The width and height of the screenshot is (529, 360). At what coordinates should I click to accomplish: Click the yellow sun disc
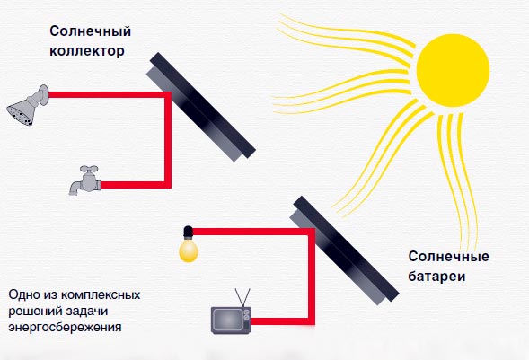click(453, 70)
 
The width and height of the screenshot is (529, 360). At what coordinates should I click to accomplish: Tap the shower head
click(28, 105)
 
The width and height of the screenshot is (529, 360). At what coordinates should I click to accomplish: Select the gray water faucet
click(85, 180)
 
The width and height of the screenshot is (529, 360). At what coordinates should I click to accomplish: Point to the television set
click(231, 320)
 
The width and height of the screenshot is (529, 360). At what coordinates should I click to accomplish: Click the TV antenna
click(242, 297)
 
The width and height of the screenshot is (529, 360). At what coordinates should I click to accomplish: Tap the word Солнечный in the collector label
click(90, 31)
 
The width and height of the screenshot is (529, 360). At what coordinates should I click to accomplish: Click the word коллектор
click(87, 51)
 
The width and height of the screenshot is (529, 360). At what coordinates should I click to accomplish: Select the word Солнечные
click(448, 256)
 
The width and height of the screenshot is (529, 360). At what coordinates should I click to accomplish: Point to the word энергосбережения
click(65, 328)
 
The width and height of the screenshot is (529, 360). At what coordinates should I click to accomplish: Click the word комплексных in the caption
click(101, 295)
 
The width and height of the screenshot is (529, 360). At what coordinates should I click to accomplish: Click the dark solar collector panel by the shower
click(201, 106)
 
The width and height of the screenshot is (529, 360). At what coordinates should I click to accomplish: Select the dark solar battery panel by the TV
click(345, 250)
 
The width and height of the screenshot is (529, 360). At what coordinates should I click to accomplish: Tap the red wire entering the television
click(284, 321)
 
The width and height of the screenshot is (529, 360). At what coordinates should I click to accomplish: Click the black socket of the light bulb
click(188, 232)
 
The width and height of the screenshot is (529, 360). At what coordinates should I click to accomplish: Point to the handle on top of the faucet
click(89, 168)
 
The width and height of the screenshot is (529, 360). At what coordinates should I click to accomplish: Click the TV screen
click(228, 320)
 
